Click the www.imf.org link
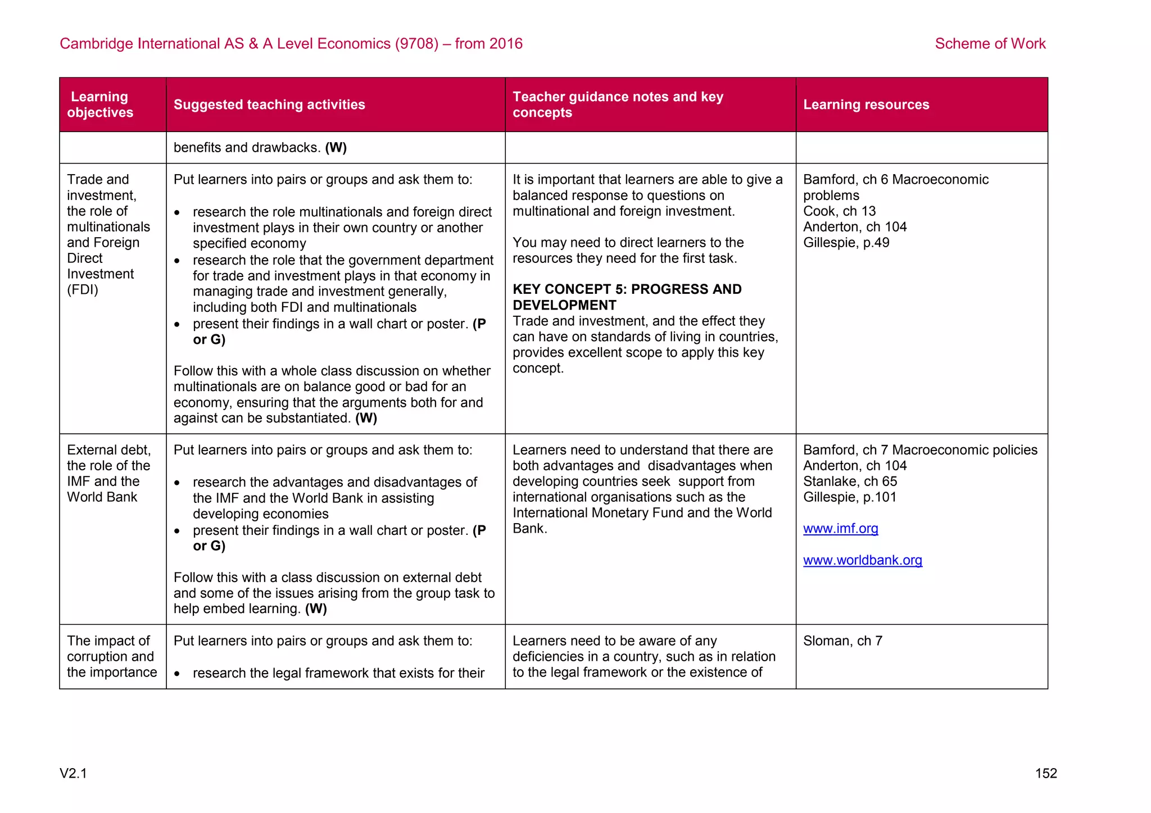coord(840,529)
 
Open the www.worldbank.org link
coord(862,560)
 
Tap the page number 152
coord(1045,773)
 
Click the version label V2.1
coord(73,773)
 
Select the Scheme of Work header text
coord(990,44)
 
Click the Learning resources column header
coord(865,105)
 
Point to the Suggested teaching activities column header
coord(269,105)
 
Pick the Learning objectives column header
coord(100,105)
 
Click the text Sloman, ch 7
coord(842,641)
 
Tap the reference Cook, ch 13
coord(839,211)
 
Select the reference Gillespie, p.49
coord(846,243)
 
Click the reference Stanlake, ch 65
coord(850,482)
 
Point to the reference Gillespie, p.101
coord(849,497)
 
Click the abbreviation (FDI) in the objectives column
coord(83,290)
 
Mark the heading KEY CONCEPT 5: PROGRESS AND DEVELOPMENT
coord(627,297)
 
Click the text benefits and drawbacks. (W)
coord(260,148)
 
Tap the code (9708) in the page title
coord(416,44)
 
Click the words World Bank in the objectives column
coord(102,497)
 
